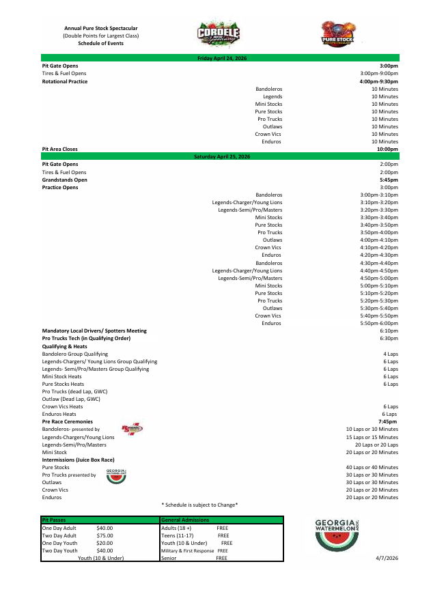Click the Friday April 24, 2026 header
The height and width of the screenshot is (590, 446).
pos(222,59)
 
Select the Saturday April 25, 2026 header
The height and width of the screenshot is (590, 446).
pos(222,157)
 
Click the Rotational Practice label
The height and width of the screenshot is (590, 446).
pos(65,81)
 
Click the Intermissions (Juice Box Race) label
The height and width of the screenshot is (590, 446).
pos(78,460)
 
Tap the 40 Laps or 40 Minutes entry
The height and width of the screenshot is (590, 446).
pos(372,467)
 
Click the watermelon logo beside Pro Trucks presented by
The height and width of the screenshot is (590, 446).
pos(117,476)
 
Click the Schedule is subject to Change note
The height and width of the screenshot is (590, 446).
pos(199,505)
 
